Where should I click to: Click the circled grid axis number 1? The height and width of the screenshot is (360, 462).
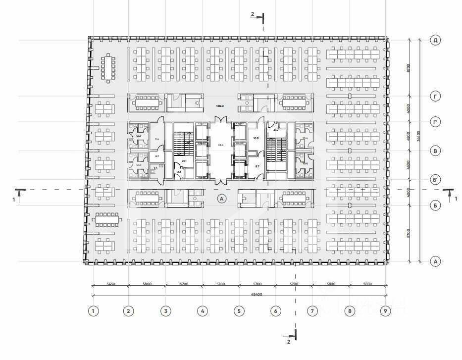tap(93, 311)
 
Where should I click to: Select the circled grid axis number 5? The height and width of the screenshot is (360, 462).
tap(239, 311)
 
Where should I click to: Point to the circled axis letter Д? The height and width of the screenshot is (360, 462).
tap(435, 40)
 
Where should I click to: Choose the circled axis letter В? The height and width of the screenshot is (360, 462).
tap(435, 151)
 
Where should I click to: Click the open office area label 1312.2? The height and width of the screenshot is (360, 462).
tap(220, 106)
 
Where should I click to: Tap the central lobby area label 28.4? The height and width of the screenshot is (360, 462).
tap(221, 145)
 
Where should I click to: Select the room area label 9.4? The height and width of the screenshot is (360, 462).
tap(157, 140)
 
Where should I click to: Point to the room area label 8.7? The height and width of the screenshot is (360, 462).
tap(257, 167)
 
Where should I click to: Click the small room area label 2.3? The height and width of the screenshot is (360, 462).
tap(179, 171)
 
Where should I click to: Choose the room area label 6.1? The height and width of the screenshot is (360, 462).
tap(157, 156)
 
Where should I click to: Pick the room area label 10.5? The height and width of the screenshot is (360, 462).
tap(256, 138)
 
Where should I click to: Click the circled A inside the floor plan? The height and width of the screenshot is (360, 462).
tap(222, 199)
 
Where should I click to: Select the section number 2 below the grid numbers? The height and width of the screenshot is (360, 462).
tap(289, 341)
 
